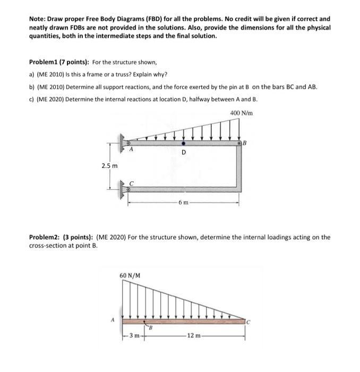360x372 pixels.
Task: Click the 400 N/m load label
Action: pyautogui.click(x=242, y=113)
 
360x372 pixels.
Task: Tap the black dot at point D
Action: pyautogui.click(x=184, y=143)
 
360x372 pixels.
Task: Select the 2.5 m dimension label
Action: pyautogui.click(x=109, y=166)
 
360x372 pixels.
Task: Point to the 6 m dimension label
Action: pyautogui.click(x=183, y=202)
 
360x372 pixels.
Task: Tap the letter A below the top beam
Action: pyautogui.click(x=131, y=150)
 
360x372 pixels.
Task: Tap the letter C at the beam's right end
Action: pyautogui.click(x=247, y=321)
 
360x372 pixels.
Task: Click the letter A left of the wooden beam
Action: pyautogui.click(x=113, y=320)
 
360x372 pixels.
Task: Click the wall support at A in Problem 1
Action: pyautogui.click(x=124, y=143)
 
